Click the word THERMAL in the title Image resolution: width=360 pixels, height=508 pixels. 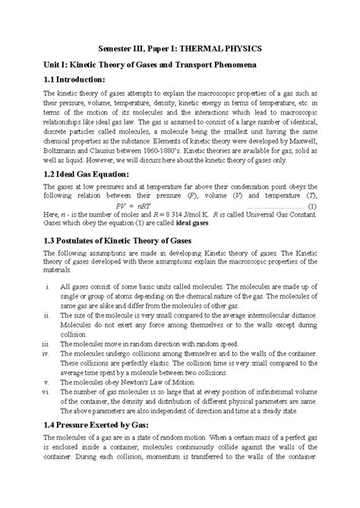click(x=205, y=44)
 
